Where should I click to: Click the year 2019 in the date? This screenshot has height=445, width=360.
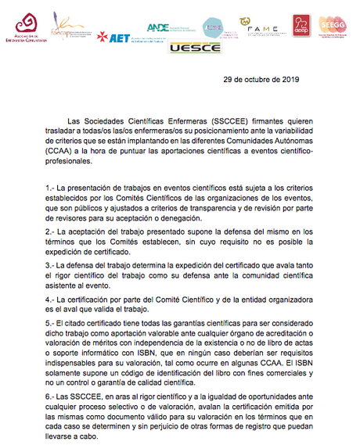[288, 80]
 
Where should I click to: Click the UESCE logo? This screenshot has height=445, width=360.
[192, 48]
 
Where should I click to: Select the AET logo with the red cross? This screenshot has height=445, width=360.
[113, 36]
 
